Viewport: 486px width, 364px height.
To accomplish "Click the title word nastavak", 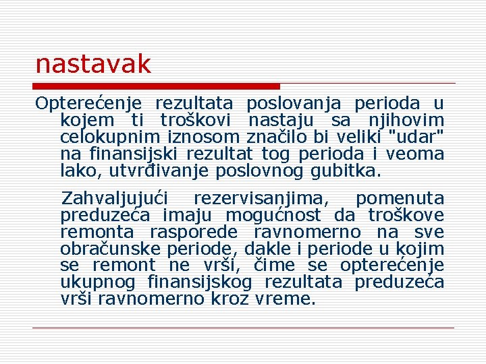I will click(x=93, y=65).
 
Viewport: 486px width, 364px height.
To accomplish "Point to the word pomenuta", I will click(x=400, y=199).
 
